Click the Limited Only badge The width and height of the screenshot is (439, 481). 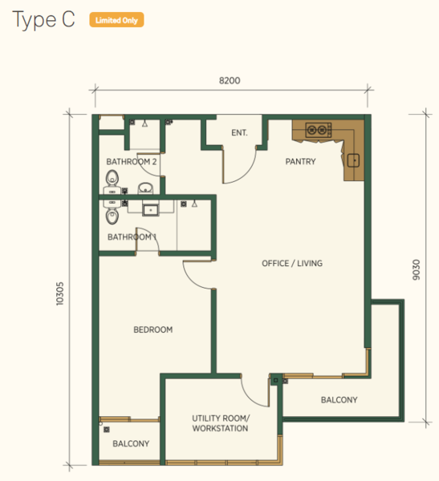pos(116,20)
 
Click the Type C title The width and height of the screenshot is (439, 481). pos(43,19)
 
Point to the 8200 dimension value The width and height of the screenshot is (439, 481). pos(230,81)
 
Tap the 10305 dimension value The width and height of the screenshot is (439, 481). pos(60,293)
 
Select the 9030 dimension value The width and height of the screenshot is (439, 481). pos(416,269)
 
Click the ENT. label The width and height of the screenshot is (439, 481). pos(239,133)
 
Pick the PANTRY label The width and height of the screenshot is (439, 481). pos(300,162)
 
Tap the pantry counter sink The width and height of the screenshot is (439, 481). pos(353,160)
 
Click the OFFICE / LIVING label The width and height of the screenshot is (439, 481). pos(292,263)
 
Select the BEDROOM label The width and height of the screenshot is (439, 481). pos(153,329)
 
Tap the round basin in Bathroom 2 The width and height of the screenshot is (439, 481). pos(145,188)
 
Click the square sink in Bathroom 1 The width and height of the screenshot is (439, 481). pos(151,210)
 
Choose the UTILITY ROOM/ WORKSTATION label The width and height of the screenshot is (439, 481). pos(221,423)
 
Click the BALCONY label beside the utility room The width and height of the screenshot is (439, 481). pos(339,400)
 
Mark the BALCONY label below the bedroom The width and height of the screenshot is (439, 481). pos(131,443)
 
